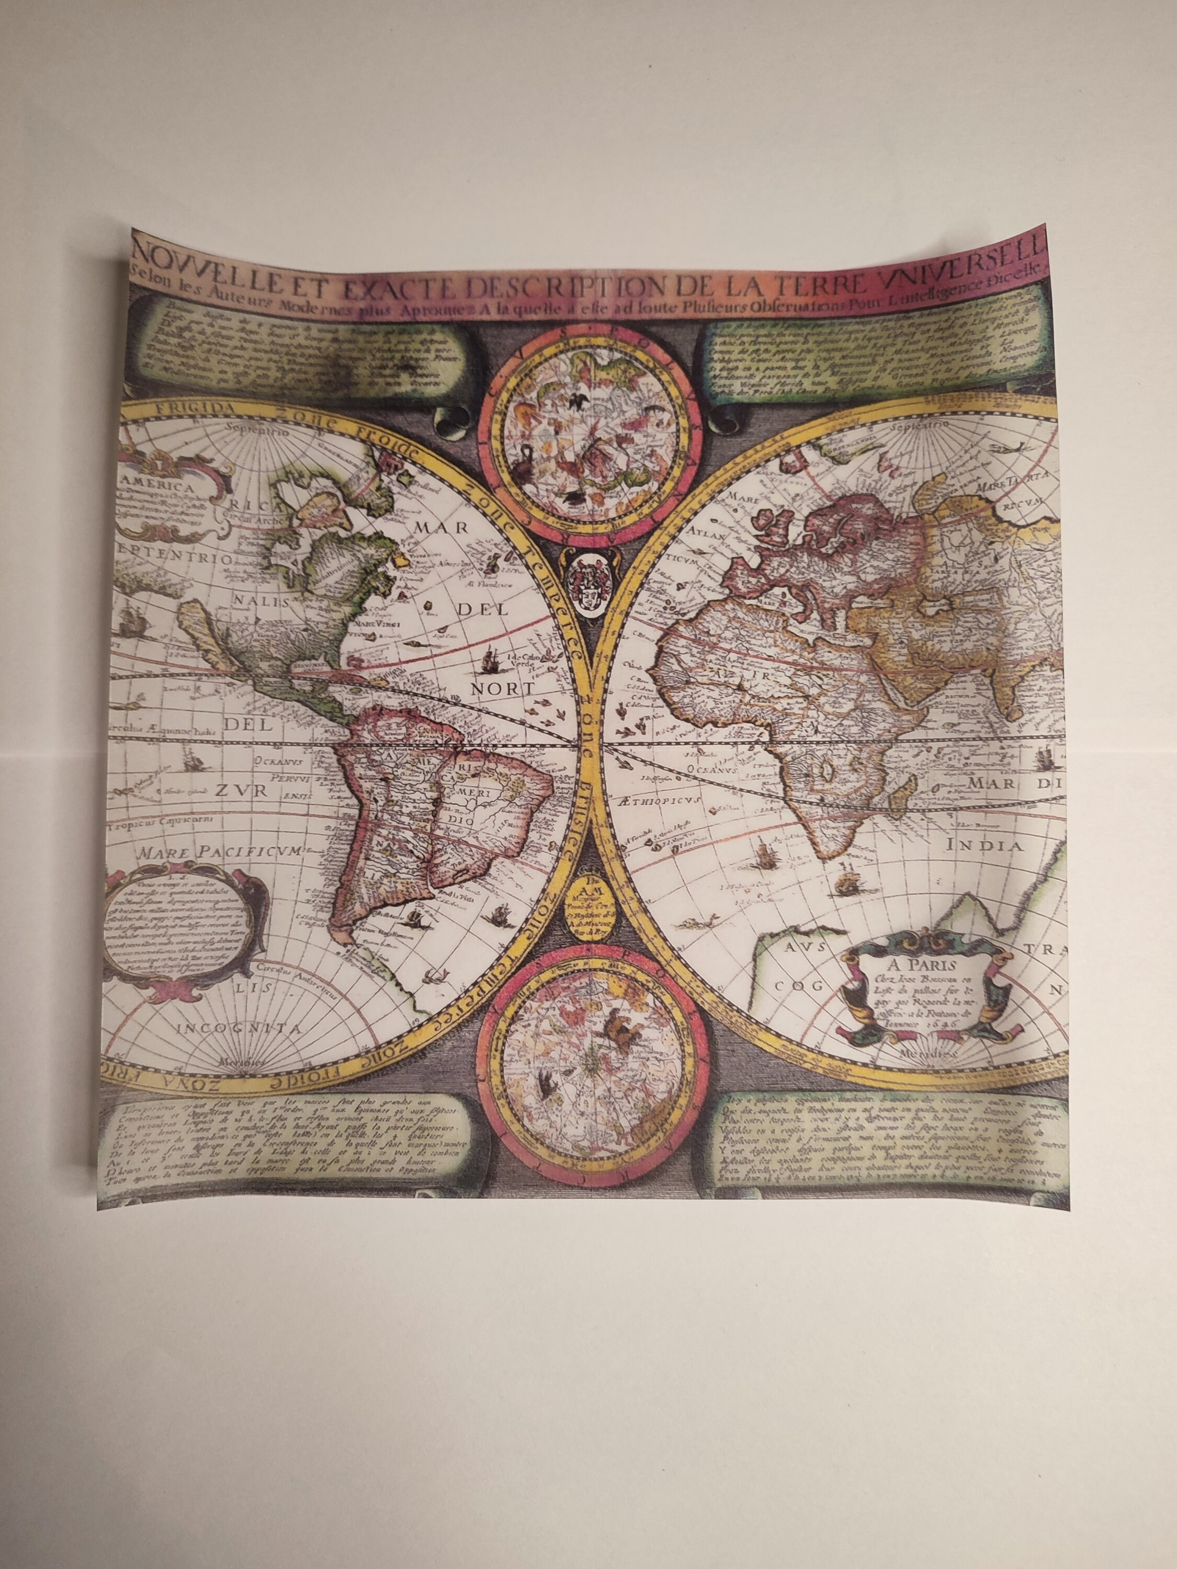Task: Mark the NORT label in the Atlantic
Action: [503, 689]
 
